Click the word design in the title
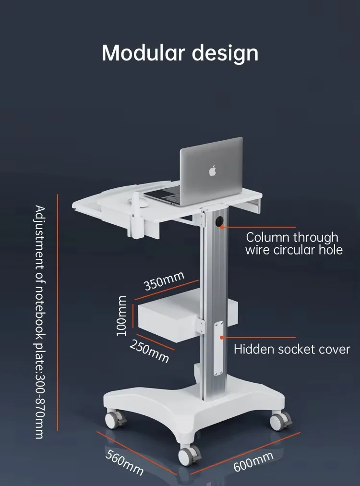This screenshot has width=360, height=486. (x=225, y=53)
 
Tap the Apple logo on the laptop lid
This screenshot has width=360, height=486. (x=213, y=170)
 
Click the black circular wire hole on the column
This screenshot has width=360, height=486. (x=220, y=222)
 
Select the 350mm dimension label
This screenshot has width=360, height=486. (x=164, y=281)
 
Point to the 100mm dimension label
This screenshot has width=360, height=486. (x=122, y=316)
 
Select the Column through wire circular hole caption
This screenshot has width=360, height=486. (x=294, y=243)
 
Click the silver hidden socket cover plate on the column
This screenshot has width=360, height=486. (x=219, y=348)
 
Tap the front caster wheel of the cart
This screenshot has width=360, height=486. (x=190, y=454)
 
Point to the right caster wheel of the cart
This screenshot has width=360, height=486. (x=280, y=421)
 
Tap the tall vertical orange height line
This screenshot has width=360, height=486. (x=57, y=312)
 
